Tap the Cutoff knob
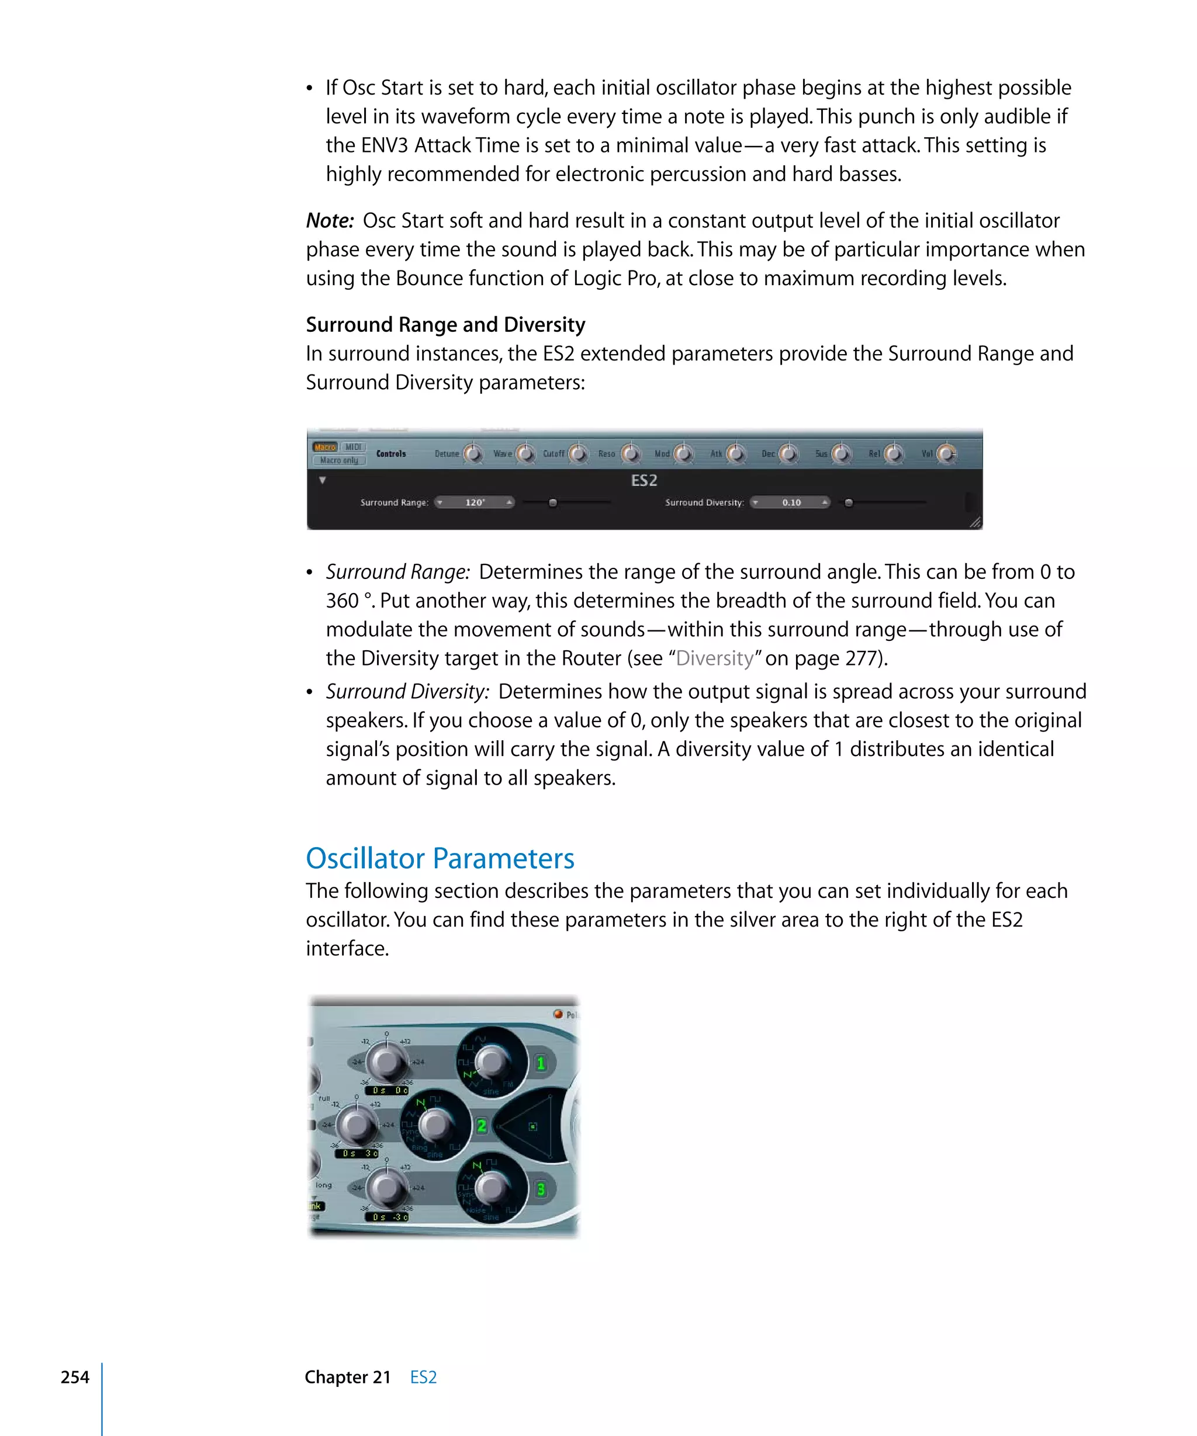pos(579,454)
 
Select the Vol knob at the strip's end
pos(946,454)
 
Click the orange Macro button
pos(325,447)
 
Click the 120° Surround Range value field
pos(475,502)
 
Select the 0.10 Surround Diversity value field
pos(791,502)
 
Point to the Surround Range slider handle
pos(553,502)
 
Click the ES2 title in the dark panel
pos(644,481)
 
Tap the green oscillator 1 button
pos(541,1063)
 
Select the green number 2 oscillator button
pos(482,1126)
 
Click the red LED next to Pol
pos(558,1014)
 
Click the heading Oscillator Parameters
pos(440,859)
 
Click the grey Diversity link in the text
pos(715,658)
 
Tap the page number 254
pos(75,1377)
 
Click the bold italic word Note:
pos(330,221)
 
